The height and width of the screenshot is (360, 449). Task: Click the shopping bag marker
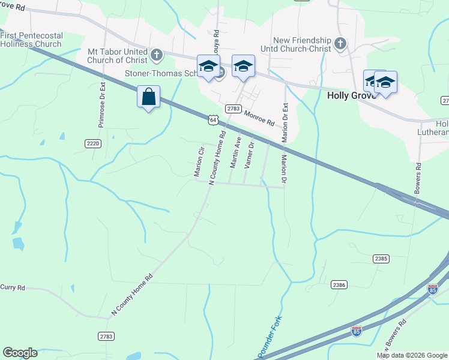[149, 97]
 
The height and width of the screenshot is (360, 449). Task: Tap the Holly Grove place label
[351, 95]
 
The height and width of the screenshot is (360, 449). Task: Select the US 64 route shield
[213, 120]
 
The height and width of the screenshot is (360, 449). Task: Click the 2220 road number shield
[93, 143]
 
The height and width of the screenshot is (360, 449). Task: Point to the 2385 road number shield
[381, 259]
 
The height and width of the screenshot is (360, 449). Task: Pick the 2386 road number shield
[339, 284]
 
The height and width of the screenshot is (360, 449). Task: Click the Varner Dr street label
[248, 155]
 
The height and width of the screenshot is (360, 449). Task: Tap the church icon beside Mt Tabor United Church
[157, 55]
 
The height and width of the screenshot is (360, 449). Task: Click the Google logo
[20, 353]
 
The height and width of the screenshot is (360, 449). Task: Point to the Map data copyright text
[412, 355]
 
